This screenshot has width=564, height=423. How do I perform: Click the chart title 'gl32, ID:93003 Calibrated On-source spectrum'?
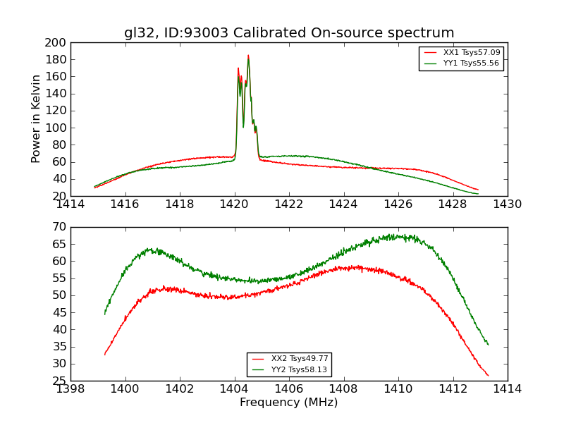coord(289,32)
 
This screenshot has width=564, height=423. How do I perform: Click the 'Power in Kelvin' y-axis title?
coord(37,118)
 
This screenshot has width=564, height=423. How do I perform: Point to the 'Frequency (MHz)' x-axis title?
coord(289,403)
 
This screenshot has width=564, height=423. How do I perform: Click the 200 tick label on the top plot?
coord(56,42)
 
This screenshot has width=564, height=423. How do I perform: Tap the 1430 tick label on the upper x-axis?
coord(507,204)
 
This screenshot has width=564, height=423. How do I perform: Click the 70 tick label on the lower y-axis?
coord(59,227)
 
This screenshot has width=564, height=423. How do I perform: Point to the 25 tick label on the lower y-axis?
coord(59,381)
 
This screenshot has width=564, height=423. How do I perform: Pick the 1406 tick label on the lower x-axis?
coord(289,389)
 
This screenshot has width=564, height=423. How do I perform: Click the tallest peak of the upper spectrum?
coord(248,55)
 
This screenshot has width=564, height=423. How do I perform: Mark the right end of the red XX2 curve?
coord(488,376)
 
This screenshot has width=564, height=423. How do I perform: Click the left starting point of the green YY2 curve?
coord(104,314)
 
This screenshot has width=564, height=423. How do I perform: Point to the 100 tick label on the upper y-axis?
coord(56,128)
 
